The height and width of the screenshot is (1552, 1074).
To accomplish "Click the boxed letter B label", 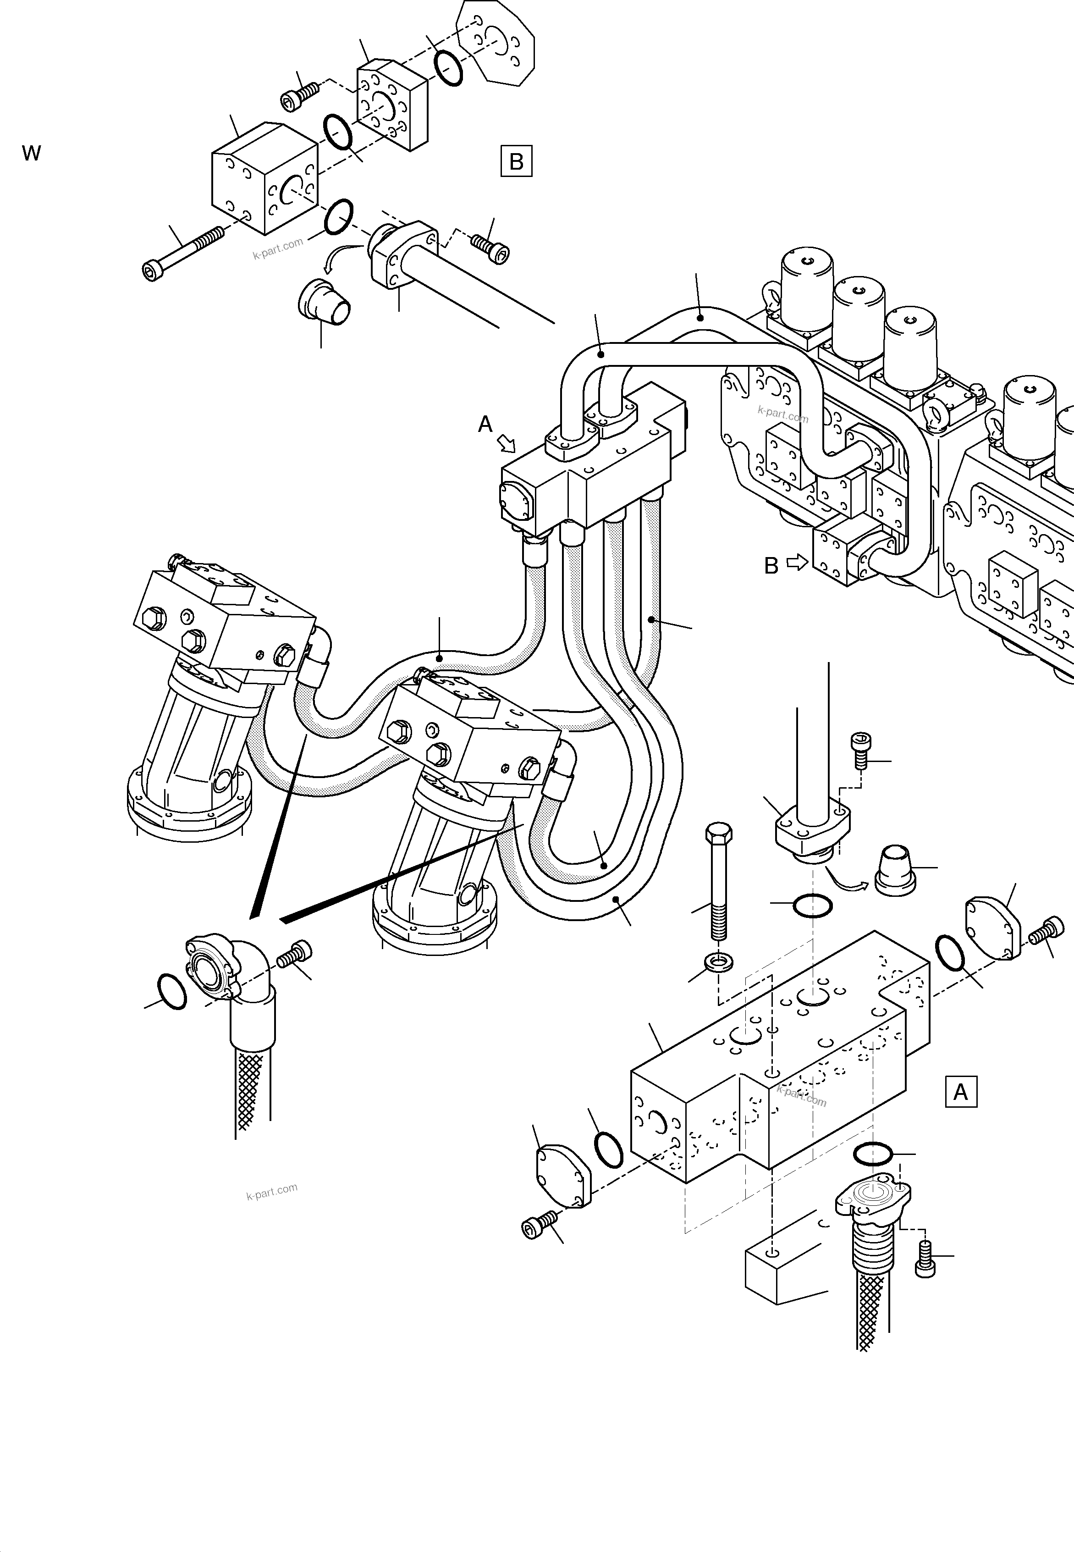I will pos(516,161).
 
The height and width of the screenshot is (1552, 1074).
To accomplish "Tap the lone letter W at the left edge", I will pos(32,154).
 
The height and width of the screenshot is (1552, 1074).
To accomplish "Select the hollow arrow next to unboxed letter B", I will pos(797,563).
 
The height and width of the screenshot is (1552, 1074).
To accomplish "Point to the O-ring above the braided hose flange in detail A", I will pos(872,1154).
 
